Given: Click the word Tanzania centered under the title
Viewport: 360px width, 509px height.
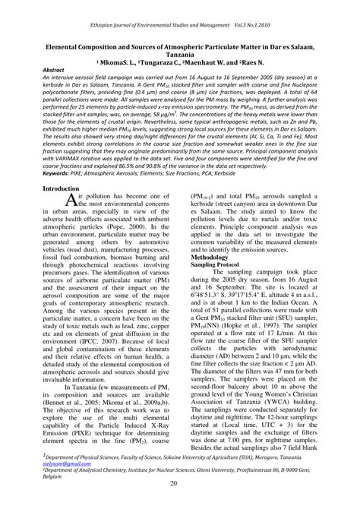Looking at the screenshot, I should coord(179,55).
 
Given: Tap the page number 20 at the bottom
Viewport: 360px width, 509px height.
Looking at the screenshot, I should coord(180,487).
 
